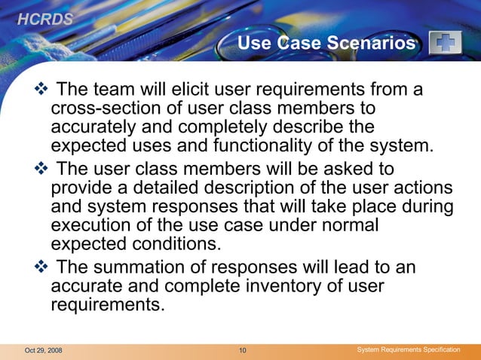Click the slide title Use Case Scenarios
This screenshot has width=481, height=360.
tap(326, 44)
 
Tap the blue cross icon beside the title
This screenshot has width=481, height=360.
tap(445, 44)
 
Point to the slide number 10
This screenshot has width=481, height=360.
tap(242, 351)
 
